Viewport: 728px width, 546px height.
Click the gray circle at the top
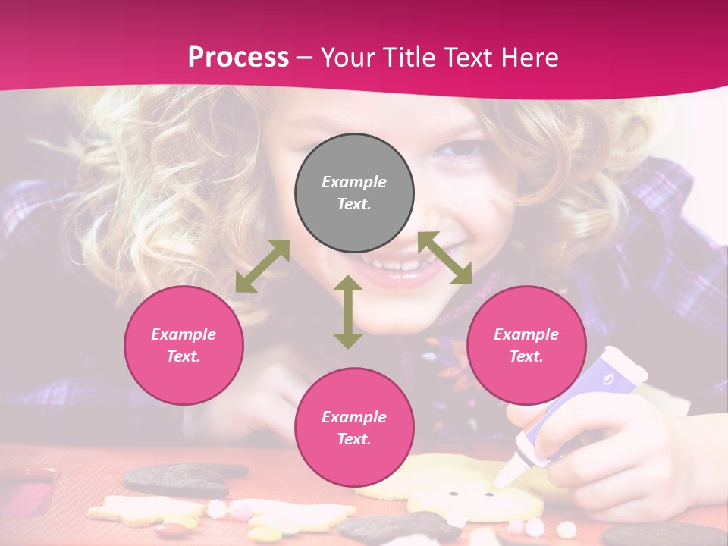pyautogui.click(x=354, y=193)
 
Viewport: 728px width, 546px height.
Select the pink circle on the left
pyautogui.click(x=184, y=345)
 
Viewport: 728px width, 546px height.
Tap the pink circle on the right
pyautogui.click(x=526, y=345)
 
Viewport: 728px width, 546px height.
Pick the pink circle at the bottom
pyautogui.click(x=354, y=427)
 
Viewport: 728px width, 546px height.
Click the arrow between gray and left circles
pyautogui.click(x=262, y=266)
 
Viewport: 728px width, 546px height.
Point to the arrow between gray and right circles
pyautogui.click(x=445, y=258)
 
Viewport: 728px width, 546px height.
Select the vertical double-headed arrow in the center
pyautogui.click(x=348, y=312)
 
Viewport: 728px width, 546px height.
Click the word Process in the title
pyautogui.click(x=238, y=57)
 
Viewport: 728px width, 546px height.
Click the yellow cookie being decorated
pyautogui.click(x=463, y=485)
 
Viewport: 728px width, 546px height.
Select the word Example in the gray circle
pyautogui.click(x=354, y=182)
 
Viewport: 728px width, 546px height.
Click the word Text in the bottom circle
pyautogui.click(x=354, y=439)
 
